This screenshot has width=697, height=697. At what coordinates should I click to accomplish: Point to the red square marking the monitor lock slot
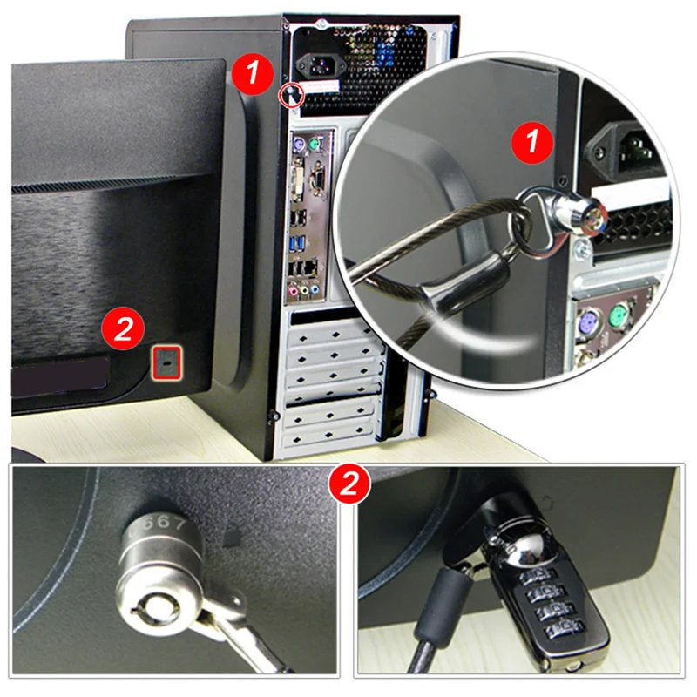pos(166,360)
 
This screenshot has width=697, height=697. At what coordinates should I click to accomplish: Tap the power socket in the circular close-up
pos(626,145)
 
